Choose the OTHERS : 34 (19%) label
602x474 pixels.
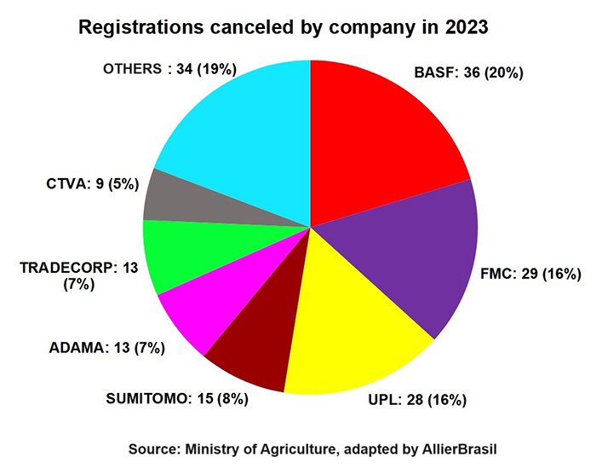(169, 67)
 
